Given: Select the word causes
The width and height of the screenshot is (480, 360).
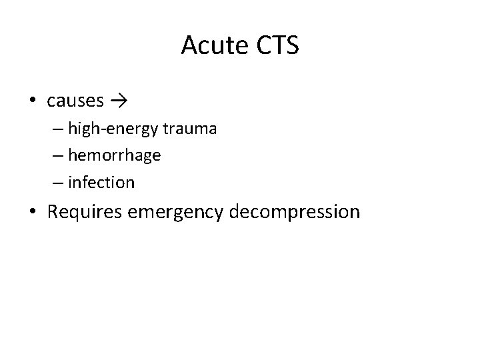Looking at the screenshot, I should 75,101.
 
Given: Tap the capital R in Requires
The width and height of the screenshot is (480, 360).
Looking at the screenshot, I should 53,212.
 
